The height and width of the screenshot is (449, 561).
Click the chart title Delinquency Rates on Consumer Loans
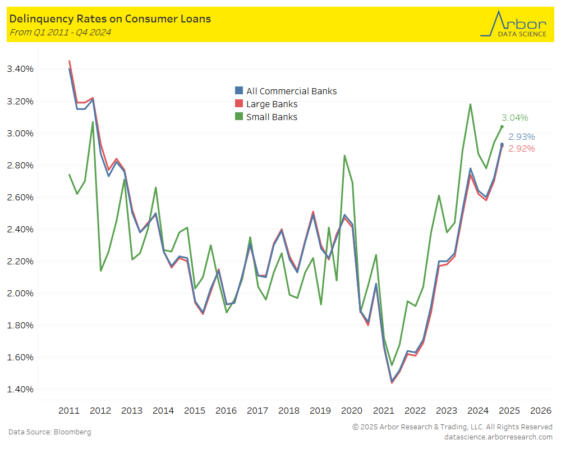coord(110,19)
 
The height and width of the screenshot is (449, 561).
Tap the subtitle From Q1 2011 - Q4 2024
coord(60,32)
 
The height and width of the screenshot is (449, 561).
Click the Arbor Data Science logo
coord(513,24)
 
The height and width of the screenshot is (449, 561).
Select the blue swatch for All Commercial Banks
coord(239,91)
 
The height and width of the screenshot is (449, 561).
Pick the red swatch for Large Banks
coord(239,104)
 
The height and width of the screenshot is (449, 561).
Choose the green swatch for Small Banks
coord(239,117)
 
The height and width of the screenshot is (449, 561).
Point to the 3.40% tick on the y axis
coord(20,69)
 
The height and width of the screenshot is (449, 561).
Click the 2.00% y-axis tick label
coord(20,294)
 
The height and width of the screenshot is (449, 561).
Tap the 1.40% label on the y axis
coord(20,390)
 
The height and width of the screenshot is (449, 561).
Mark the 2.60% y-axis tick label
coord(20,198)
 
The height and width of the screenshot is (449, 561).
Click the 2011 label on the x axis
coord(69,410)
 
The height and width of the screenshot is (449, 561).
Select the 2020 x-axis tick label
coord(352,410)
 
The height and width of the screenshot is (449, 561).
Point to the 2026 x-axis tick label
coord(540,410)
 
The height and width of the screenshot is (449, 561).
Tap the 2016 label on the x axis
coord(226,410)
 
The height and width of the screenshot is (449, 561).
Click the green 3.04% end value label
coord(515,118)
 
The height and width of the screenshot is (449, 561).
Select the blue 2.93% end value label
coord(522,137)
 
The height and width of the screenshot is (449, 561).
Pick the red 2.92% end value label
coord(522,149)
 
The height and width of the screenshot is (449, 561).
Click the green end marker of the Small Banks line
coord(502,126)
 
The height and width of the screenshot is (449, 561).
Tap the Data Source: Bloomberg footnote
coord(49,432)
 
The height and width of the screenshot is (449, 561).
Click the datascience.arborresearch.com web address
coord(498,437)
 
